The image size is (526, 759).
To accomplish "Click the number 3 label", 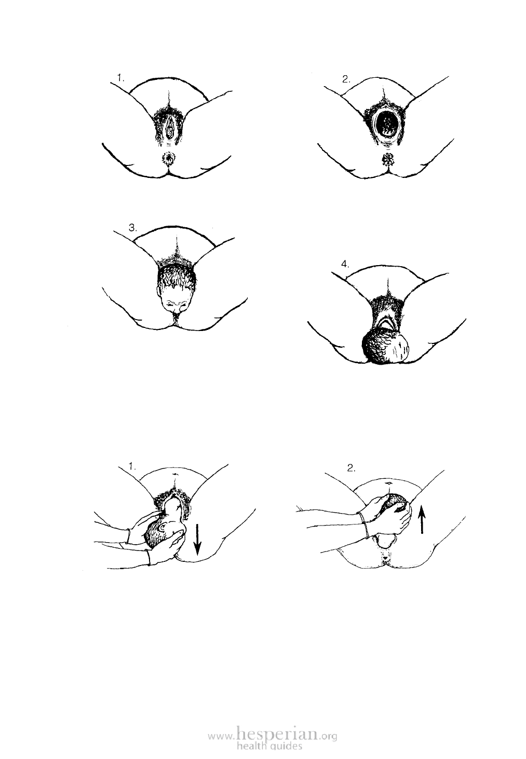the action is (x=133, y=228).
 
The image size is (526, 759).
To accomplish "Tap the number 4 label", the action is (x=345, y=264).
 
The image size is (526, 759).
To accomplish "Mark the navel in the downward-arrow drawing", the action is (x=175, y=473).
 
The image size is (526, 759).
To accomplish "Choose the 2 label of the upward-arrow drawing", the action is (x=351, y=468).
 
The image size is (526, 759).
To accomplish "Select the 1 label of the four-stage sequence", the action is (x=121, y=78).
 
